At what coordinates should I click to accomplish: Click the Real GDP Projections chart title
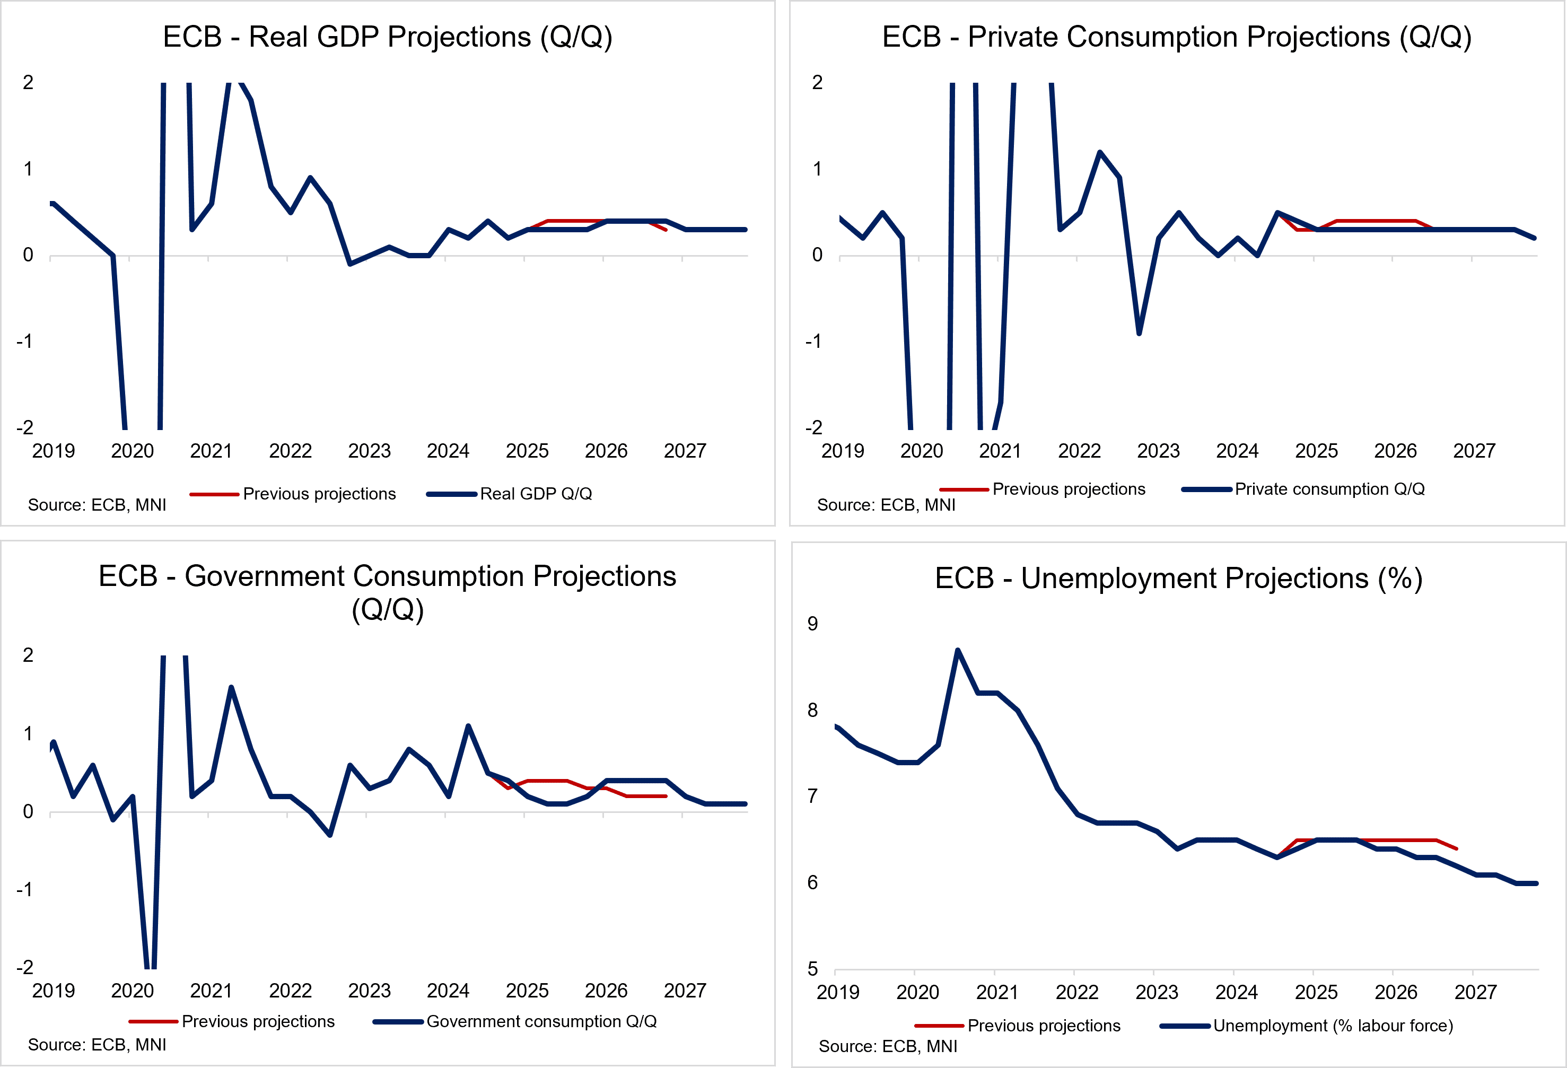[388, 37]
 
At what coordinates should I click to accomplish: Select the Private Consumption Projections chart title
[1177, 37]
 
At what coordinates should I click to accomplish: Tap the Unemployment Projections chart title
[1179, 579]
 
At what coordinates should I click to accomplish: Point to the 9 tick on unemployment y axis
[812, 624]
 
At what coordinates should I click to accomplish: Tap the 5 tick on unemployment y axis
[812, 969]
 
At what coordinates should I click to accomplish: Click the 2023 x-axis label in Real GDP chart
[369, 451]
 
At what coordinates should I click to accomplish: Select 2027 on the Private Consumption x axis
[1474, 451]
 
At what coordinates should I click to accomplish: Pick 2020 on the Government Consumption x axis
[132, 991]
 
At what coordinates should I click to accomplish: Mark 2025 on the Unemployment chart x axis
[1316, 993]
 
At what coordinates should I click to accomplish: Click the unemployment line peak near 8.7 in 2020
[958, 650]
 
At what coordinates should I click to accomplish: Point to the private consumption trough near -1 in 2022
[1139, 333]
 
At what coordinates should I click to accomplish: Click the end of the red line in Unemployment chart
[1456, 848]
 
